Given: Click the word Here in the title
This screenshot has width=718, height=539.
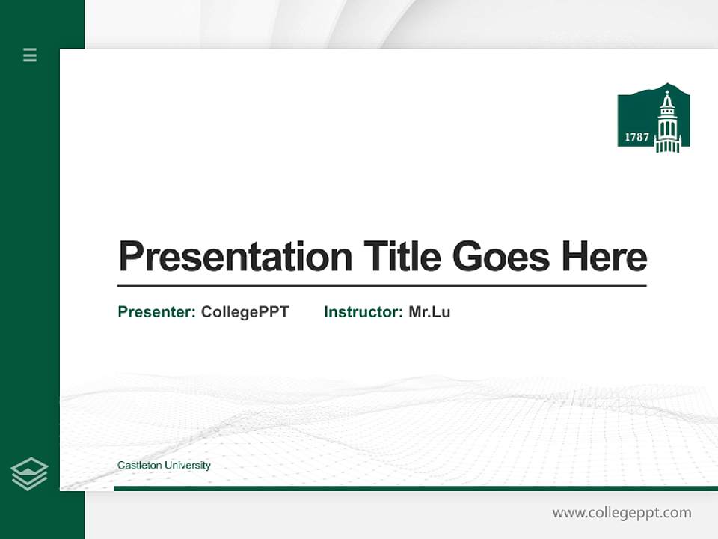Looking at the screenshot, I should coord(604,257).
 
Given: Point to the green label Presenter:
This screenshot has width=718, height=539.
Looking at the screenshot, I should coord(157,312).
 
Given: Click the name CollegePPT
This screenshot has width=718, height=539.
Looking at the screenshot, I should coord(245,312).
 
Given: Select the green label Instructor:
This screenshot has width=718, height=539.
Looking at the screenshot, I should coord(363,312).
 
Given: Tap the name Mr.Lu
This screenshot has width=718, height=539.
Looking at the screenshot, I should coord(429,312).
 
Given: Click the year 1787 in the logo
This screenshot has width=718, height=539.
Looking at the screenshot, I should coord(636,137).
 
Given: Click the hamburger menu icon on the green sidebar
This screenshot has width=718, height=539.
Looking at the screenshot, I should coord(30,55).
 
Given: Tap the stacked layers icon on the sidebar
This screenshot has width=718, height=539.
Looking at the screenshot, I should coord(30,473).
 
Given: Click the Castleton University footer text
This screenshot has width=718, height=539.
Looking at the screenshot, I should coord(164,466).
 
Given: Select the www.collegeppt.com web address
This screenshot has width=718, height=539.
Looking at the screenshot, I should coord(622,513).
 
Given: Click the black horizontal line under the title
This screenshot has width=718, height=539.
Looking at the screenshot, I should coord(381,285).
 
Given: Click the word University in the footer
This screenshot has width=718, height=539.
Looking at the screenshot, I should coord(188,466).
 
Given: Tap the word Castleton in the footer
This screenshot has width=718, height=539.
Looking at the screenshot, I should coord(140,466).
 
